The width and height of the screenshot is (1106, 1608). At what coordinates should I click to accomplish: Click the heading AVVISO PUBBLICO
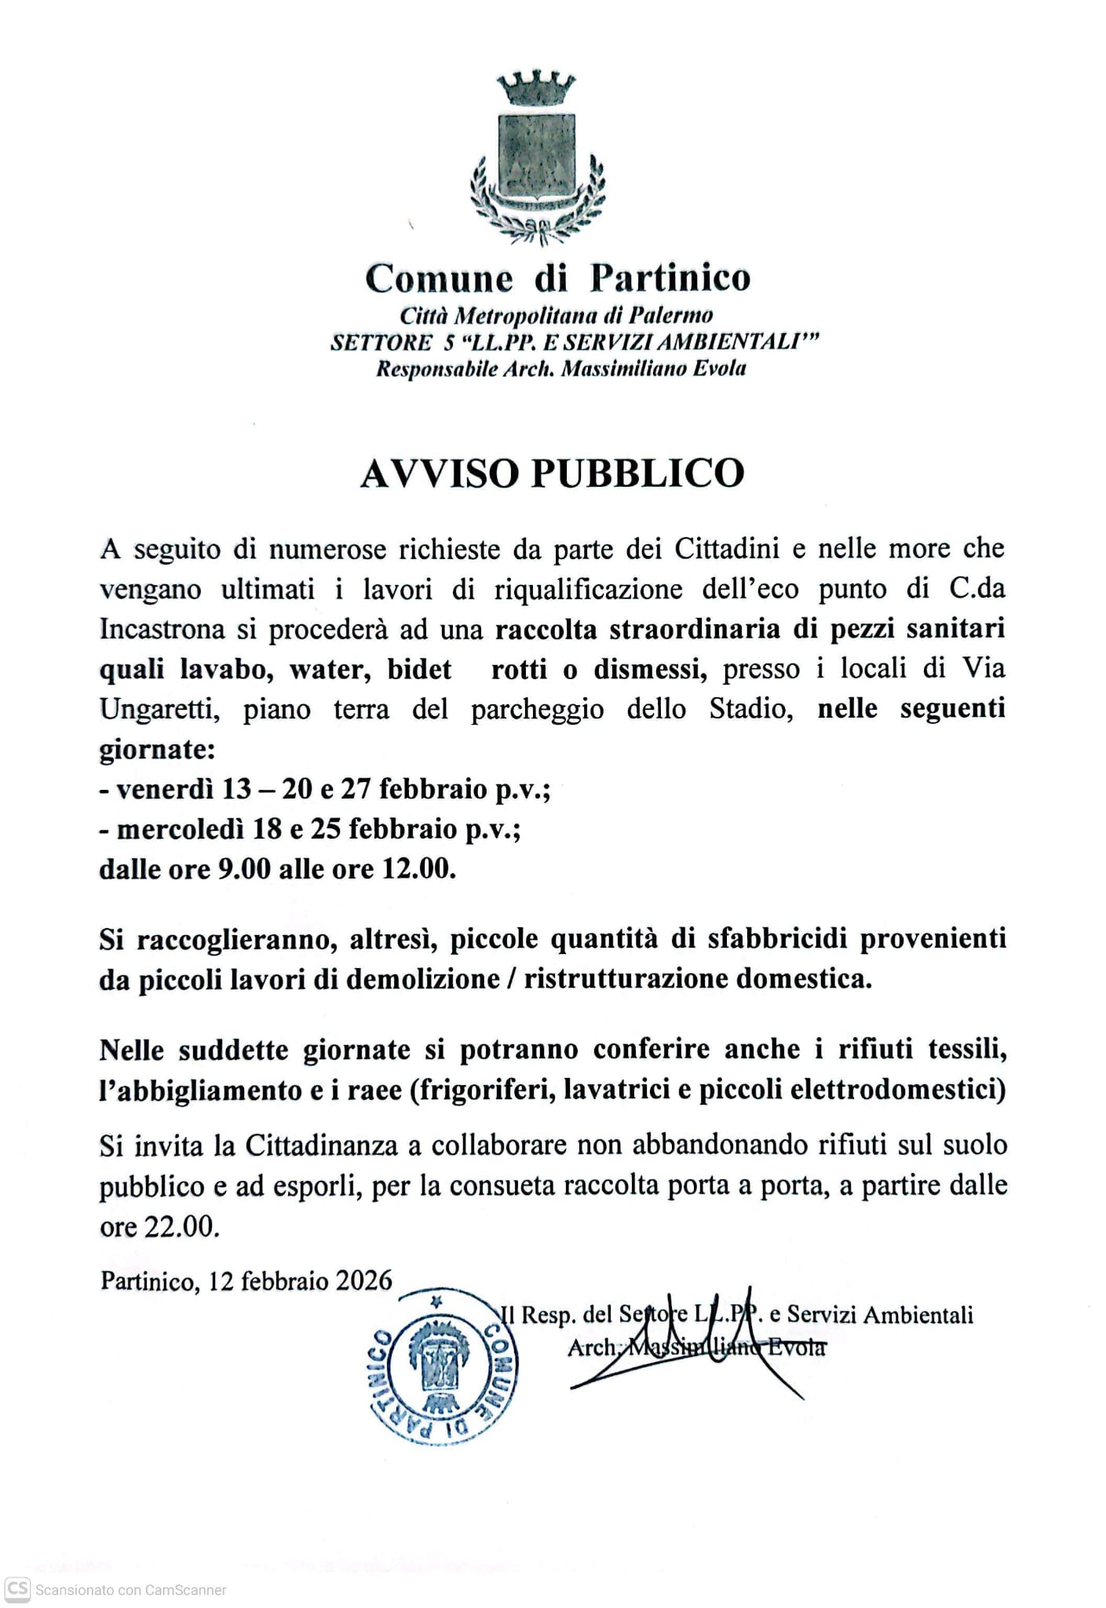point(552,473)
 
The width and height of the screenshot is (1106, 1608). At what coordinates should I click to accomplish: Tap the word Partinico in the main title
point(670,278)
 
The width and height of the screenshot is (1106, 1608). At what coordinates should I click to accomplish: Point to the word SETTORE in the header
point(381,342)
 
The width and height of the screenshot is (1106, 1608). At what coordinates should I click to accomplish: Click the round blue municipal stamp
point(443,1367)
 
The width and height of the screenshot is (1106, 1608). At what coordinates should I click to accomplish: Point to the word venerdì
point(165,788)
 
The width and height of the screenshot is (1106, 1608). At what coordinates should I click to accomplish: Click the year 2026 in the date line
point(363,1281)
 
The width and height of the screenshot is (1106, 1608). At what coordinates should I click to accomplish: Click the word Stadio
point(750,709)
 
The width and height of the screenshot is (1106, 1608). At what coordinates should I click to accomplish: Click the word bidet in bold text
point(419,669)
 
